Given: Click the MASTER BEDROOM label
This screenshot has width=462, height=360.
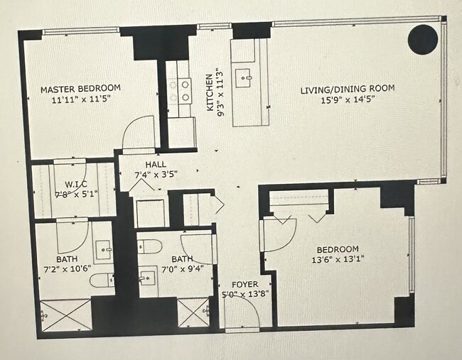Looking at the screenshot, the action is coord(80,89).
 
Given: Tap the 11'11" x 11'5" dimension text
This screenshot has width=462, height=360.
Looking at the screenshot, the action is coord(81,99).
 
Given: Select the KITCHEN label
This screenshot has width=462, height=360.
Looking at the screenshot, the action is coord(210,92).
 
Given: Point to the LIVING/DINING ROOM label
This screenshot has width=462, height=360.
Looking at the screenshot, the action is coord(348,89).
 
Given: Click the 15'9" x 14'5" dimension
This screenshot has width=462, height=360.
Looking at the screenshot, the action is coord(348,100).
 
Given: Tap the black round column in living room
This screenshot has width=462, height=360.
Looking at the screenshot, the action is coord(423,40).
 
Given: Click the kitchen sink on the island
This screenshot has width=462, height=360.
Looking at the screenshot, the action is coord(243,78).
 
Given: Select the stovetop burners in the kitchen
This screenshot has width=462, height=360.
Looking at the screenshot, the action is coord(179,91).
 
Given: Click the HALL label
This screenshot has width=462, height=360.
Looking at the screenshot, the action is coord(156,164).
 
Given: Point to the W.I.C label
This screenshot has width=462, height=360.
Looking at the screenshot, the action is coord(76,185).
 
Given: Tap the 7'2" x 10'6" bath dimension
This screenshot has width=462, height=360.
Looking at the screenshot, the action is coord(68,269).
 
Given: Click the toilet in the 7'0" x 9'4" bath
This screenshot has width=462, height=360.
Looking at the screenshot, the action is coord(150,246).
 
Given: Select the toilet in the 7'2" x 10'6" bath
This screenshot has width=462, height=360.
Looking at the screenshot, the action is coord(102,280).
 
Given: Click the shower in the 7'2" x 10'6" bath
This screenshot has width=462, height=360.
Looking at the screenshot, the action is coord(65,315).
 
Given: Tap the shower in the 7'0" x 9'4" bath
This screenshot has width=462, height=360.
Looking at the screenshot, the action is coord(193,312).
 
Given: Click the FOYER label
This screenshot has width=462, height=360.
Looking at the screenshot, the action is coord(245,284).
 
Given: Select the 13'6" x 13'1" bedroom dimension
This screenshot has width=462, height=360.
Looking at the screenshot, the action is coord(338,260).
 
